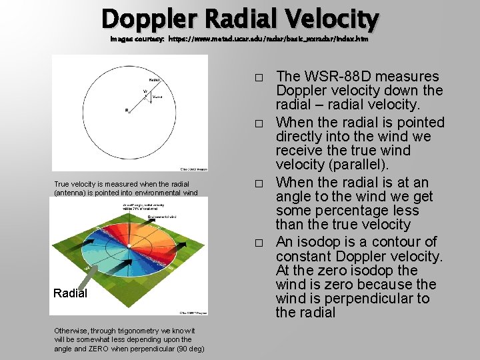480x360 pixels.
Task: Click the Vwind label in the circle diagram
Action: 157,97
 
